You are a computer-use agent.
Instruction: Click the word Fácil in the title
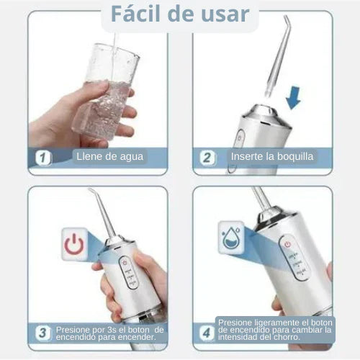pyautogui.click(x=135, y=14)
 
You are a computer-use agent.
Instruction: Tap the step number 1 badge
pyautogui.click(x=43, y=158)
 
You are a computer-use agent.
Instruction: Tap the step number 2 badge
pyautogui.click(x=207, y=158)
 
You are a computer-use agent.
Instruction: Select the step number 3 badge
pyautogui.click(x=43, y=333)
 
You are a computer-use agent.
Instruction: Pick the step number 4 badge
pyautogui.click(x=207, y=333)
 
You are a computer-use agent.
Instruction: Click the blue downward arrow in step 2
pyautogui.click(x=294, y=98)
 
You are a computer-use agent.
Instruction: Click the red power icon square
pyautogui.click(x=74, y=244)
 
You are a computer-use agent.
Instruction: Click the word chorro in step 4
pyautogui.click(x=287, y=337)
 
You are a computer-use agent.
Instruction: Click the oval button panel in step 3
pyautogui.click(x=129, y=272)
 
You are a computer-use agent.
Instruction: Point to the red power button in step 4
pyautogui.click(x=287, y=244)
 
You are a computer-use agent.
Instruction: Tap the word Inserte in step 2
pyautogui.click(x=247, y=157)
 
